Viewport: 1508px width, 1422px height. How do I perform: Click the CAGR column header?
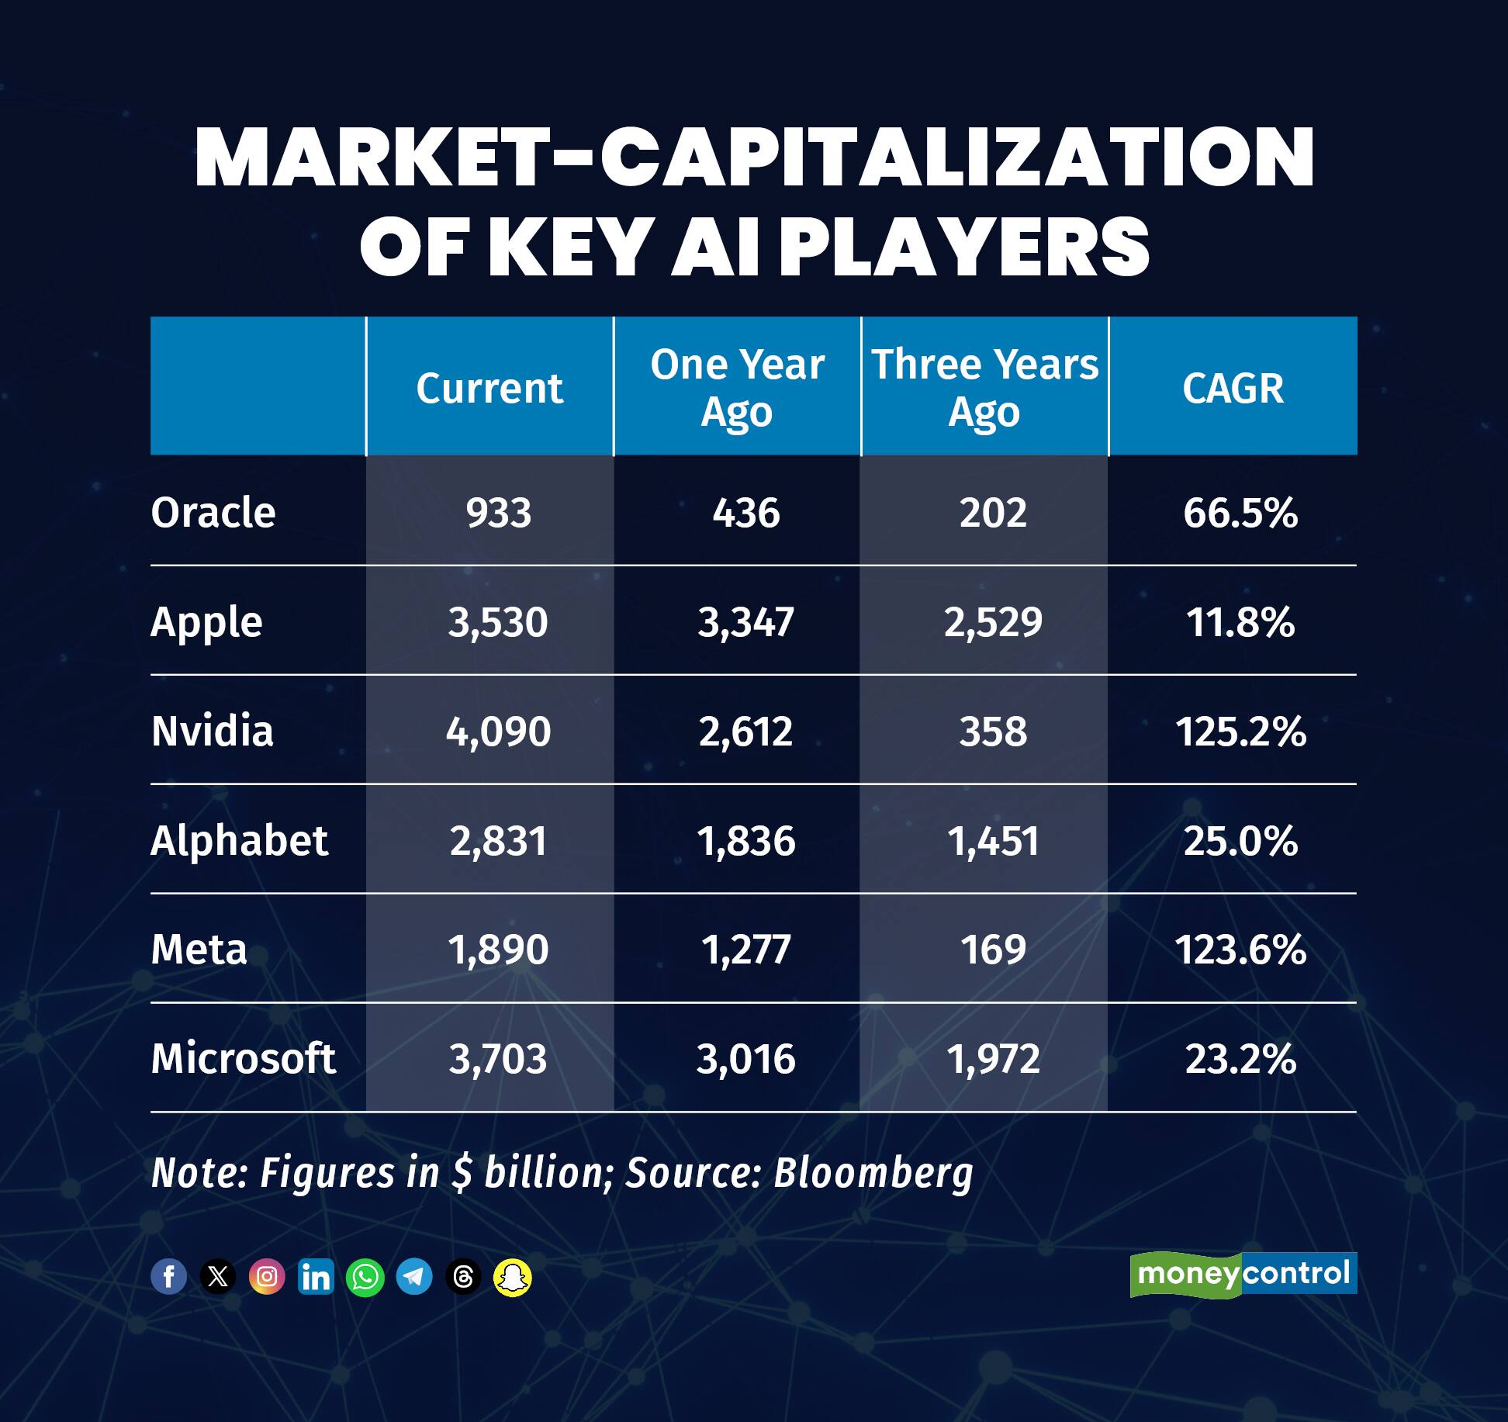(x=1233, y=388)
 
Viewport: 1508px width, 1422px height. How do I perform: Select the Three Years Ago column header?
(x=984, y=387)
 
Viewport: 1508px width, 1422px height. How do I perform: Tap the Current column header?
(x=489, y=388)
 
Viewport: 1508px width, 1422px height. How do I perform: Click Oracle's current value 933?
(x=498, y=513)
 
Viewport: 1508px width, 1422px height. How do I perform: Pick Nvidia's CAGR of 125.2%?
(x=1240, y=732)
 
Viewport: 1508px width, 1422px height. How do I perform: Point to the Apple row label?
(x=206, y=622)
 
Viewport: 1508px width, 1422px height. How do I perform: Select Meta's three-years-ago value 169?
(x=993, y=950)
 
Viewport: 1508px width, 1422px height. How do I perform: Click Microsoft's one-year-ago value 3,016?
(x=745, y=1059)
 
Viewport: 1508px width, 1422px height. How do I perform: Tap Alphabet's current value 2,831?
(x=498, y=841)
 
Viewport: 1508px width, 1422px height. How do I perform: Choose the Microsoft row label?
(x=243, y=1059)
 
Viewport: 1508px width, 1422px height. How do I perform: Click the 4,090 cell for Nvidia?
(x=498, y=732)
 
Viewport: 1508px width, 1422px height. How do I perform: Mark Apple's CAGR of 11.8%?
(x=1240, y=622)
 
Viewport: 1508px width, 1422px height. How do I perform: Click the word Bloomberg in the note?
(x=873, y=1172)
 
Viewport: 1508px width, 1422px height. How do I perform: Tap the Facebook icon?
(x=168, y=1276)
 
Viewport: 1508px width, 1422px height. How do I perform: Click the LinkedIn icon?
(x=316, y=1276)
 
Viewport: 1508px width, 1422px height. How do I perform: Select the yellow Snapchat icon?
(x=512, y=1276)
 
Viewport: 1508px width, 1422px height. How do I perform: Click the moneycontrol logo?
(x=1243, y=1275)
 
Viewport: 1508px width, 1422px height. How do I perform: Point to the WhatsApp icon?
(x=365, y=1276)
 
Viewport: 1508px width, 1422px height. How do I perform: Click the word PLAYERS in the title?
(x=964, y=247)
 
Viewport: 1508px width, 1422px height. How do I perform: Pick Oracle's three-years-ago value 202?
(x=993, y=513)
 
